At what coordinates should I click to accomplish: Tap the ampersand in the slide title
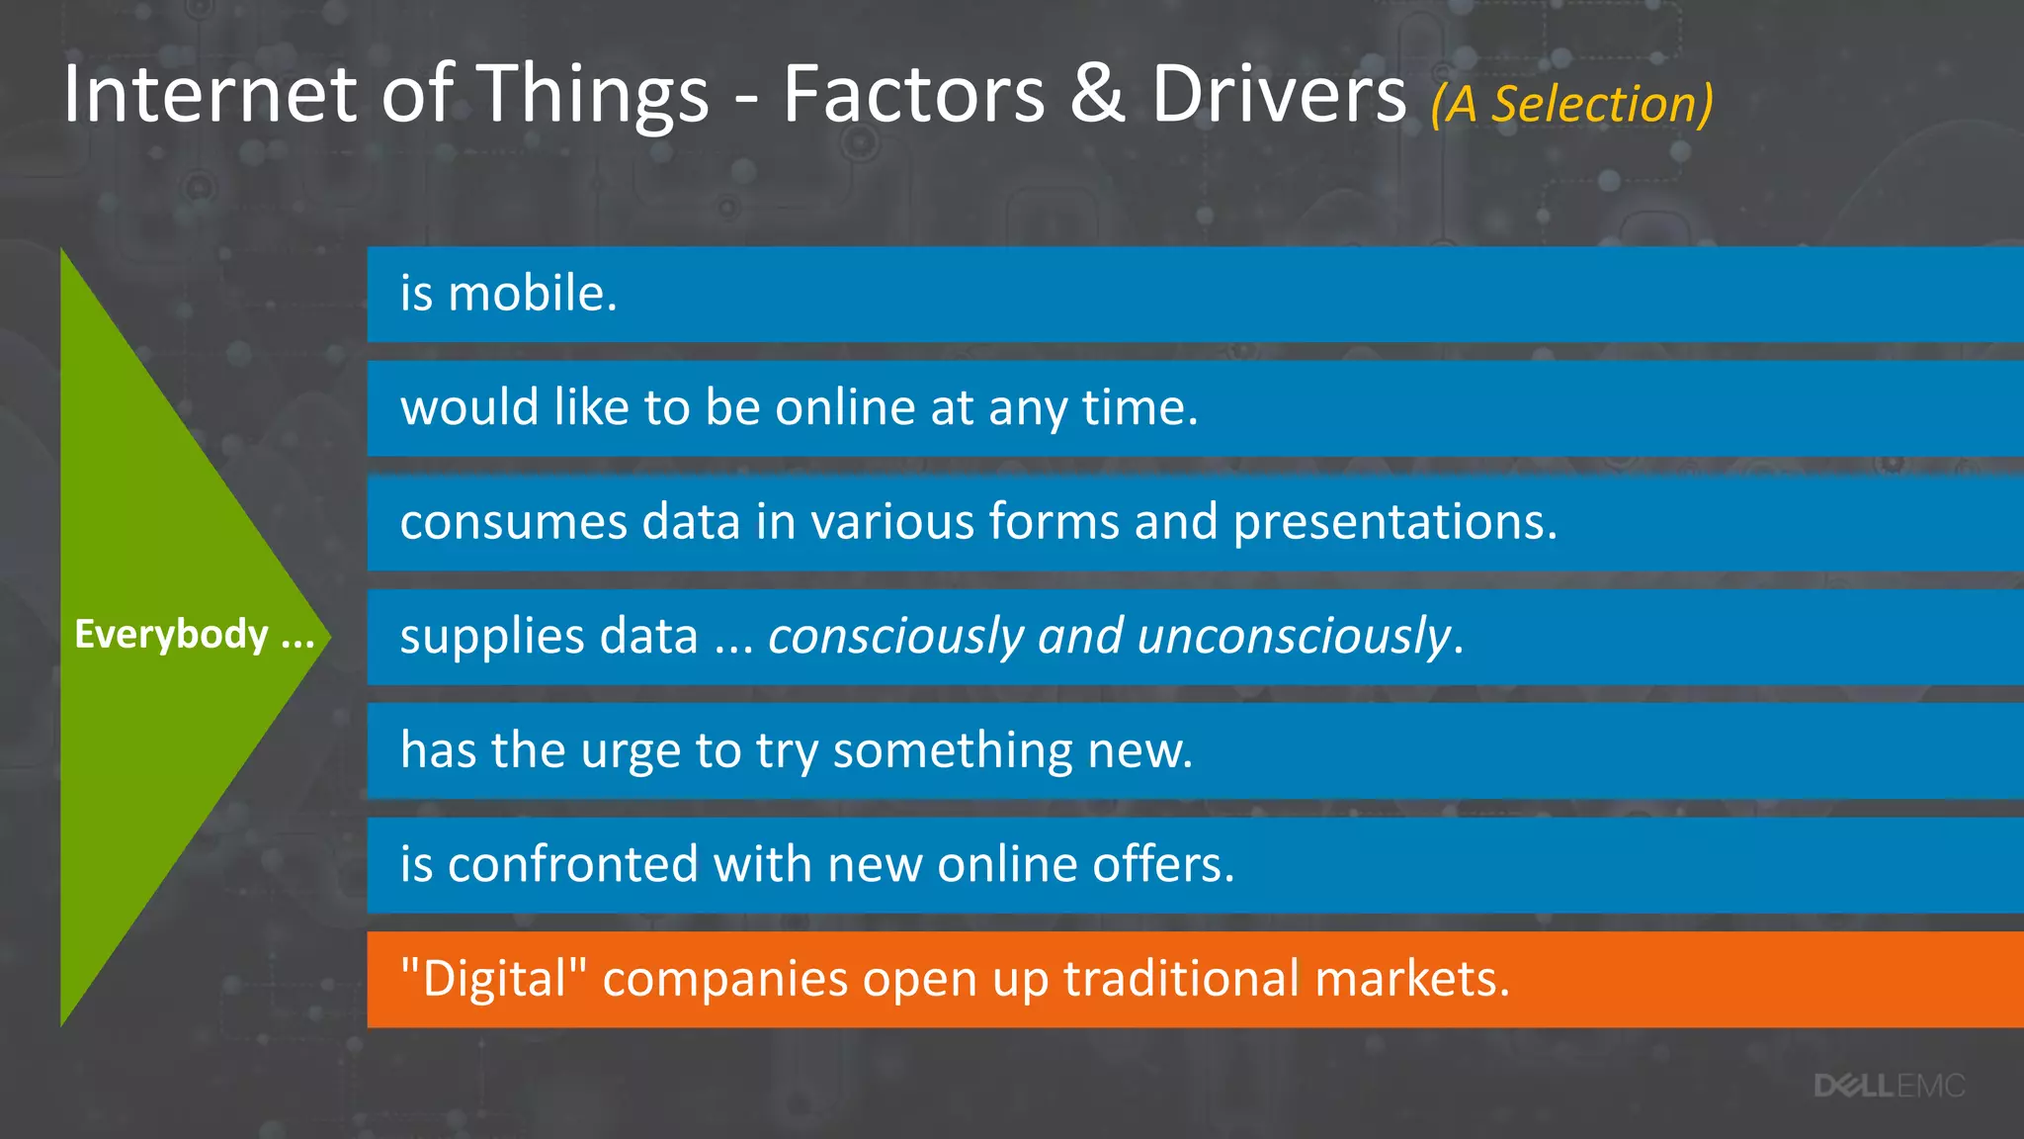1097,95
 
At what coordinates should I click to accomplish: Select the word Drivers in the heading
1279,95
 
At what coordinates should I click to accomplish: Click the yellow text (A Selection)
1571,104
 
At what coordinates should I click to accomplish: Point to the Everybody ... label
194,635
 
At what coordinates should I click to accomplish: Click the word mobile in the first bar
533,294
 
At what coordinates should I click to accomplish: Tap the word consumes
513,522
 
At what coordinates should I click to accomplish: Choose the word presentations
1394,522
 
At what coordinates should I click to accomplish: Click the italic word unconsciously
1294,636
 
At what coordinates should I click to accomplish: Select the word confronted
572,864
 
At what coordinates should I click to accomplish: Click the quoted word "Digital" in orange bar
493,980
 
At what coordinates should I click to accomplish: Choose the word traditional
1181,979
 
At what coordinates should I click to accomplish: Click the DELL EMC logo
1889,1087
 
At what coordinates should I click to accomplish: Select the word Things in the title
594,95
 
